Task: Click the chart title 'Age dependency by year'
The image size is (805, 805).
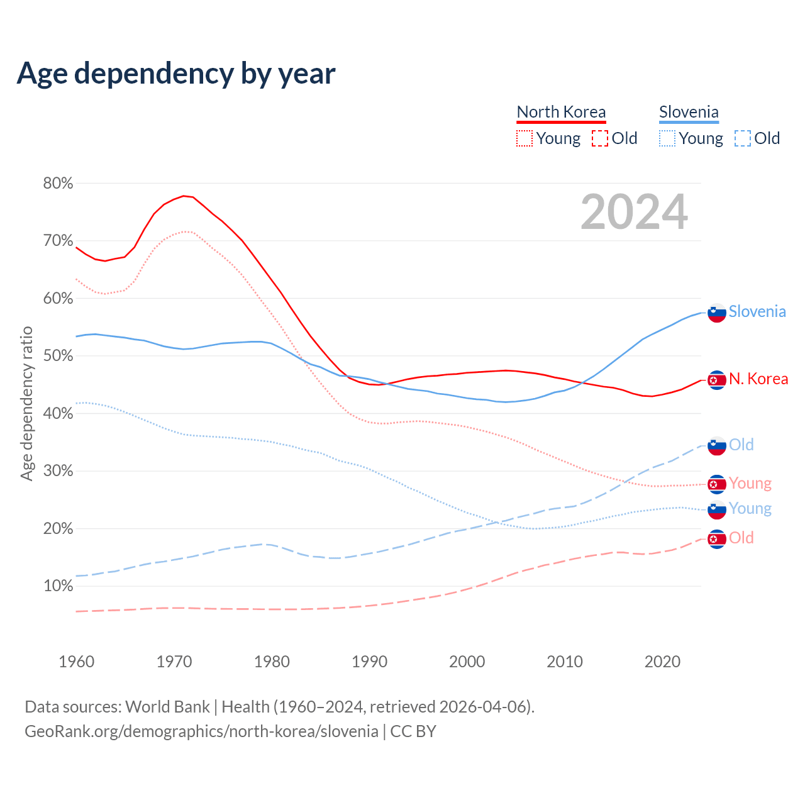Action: pos(176,74)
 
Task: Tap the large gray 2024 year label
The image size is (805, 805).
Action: pos(634,212)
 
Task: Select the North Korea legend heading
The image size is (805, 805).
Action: pos(561,112)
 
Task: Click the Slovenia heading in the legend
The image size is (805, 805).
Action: pos(689,112)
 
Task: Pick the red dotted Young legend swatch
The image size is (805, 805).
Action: pos(524,138)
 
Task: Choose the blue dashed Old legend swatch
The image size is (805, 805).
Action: pos(743,138)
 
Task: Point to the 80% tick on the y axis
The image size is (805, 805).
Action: pos(58,184)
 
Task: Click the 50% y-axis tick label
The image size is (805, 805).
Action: pos(58,356)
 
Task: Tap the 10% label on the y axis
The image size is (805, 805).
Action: pos(58,586)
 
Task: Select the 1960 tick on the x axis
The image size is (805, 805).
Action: pos(77,662)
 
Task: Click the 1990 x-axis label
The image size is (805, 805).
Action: pos(370,662)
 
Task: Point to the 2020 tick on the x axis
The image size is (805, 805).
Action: pos(662,662)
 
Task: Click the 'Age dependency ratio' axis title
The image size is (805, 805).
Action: pos(26,403)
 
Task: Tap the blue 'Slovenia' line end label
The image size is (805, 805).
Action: pos(757,311)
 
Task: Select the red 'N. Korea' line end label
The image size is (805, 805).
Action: pos(758,379)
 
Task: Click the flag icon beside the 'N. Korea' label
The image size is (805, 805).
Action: pos(717,380)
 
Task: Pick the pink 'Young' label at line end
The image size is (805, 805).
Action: pos(750,483)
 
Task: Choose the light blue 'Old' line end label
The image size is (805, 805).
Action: pos(741,445)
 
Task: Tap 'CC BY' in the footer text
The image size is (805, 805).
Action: pos(413,731)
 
